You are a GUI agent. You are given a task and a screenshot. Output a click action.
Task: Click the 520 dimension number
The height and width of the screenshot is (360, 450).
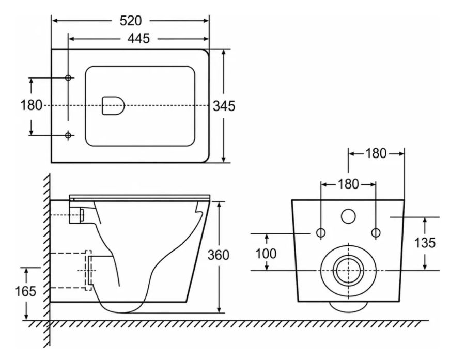[131, 21]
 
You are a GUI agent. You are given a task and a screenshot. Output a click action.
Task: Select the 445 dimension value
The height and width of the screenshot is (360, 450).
[138, 38]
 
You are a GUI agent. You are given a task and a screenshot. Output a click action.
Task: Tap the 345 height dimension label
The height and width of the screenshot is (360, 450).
[224, 106]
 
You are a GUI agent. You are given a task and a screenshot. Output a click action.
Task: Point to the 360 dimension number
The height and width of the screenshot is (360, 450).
[219, 255]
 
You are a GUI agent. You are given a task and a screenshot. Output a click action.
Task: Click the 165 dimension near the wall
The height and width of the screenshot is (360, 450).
[25, 291]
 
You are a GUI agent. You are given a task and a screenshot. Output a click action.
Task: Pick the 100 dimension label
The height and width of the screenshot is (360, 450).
[266, 254]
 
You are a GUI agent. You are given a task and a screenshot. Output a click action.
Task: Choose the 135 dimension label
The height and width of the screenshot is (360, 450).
[425, 243]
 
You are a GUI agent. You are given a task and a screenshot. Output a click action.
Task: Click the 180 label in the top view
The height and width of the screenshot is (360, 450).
[31, 105]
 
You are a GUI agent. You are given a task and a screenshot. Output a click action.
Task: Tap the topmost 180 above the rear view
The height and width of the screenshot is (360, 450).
[376, 154]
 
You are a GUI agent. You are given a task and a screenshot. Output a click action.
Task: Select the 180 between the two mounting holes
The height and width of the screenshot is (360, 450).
[348, 184]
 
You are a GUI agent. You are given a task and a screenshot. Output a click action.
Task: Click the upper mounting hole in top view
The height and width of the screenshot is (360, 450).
[68, 78]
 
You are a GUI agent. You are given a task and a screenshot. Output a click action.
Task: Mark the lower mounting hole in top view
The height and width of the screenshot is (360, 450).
[68, 135]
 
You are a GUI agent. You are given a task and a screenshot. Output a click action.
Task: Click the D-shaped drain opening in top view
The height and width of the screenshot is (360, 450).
[113, 105]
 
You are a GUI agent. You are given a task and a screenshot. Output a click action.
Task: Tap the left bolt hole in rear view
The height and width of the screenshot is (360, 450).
[321, 232]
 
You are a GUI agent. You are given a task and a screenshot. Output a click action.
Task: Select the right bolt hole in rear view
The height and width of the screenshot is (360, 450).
[376, 232]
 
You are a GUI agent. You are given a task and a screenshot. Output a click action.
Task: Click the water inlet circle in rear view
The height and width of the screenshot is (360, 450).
[348, 216]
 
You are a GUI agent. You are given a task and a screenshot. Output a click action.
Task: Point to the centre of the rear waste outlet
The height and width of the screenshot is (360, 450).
[348, 271]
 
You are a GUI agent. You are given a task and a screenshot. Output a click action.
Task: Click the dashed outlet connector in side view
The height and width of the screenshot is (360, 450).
[88, 270]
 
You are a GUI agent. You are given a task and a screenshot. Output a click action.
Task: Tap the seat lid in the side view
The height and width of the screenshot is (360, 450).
[140, 197]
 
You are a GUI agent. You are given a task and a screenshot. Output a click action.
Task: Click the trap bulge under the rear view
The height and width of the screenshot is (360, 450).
[348, 306]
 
